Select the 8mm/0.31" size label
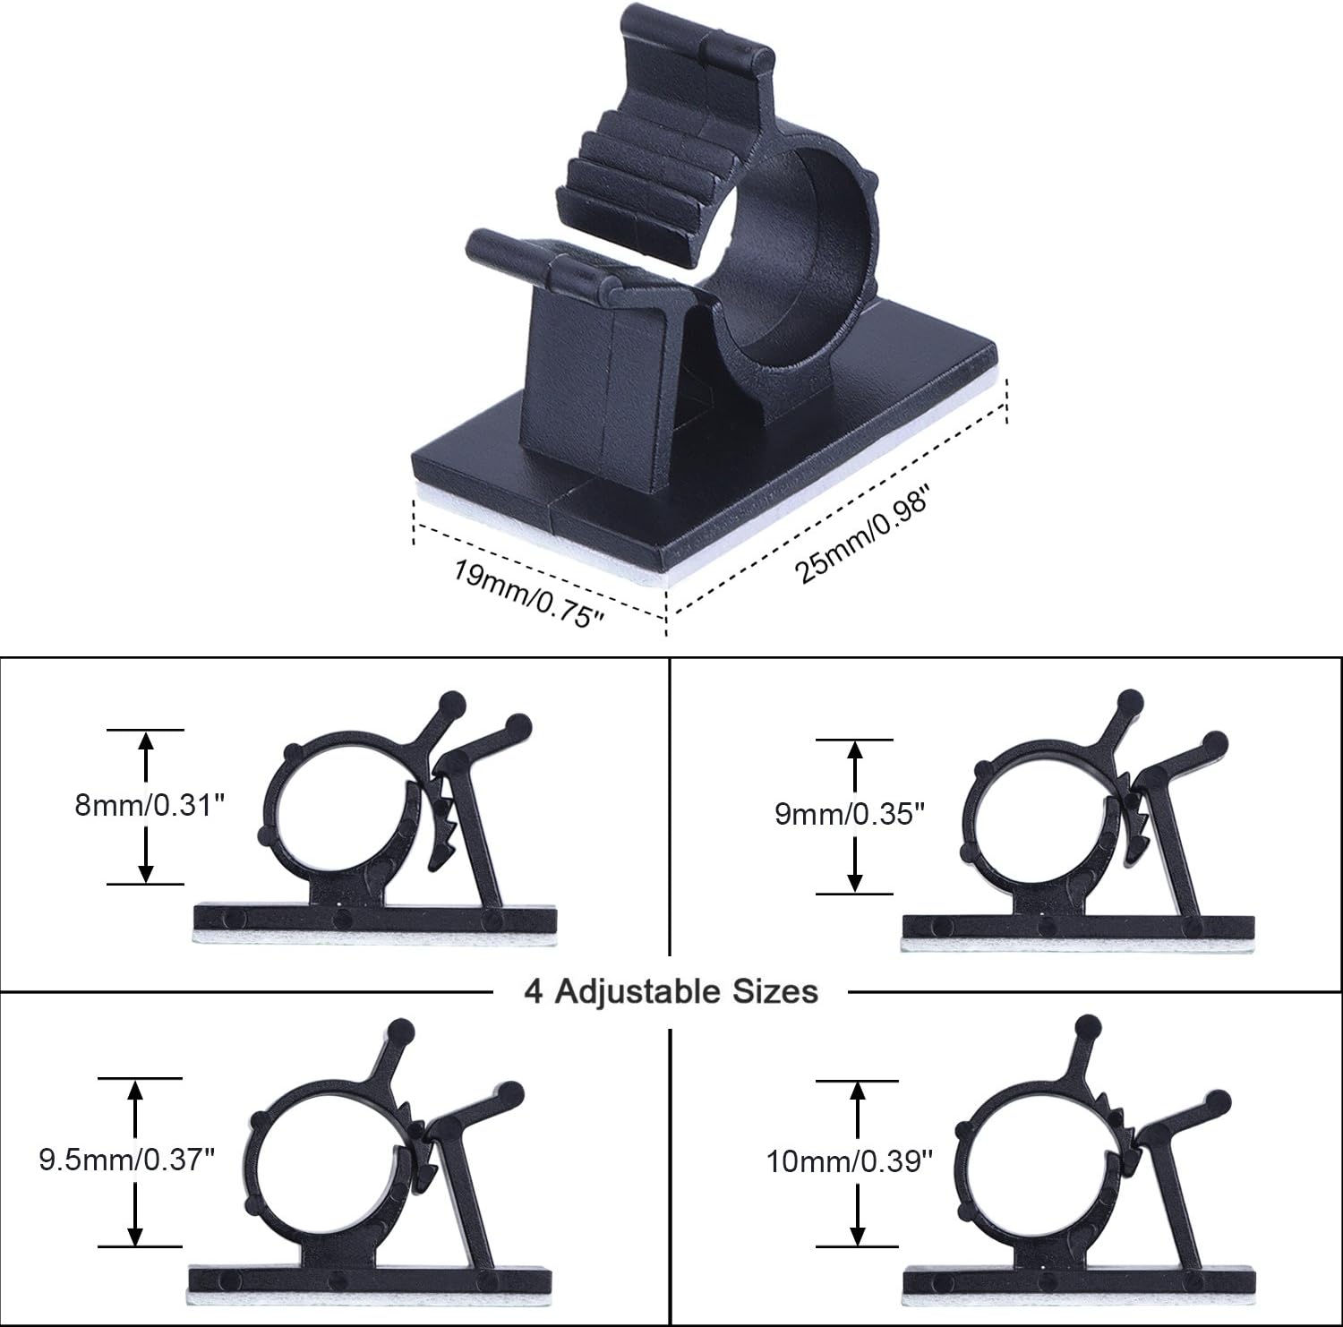point(148,806)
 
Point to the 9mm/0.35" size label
point(849,815)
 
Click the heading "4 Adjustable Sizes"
point(671,991)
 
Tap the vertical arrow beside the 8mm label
point(146,807)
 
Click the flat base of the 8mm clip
point(375,919)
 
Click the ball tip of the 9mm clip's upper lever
point(1130,700)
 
